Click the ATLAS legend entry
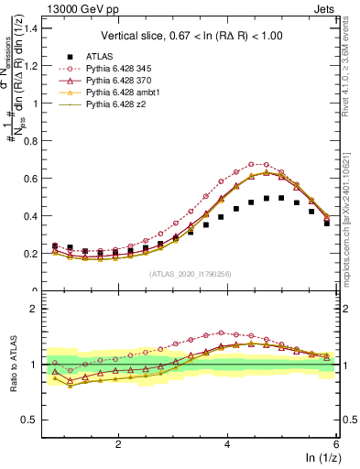click(x=98, y=56)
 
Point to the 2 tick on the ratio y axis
click(x=36, y=309)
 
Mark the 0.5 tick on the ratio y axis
click(x=31, y=420)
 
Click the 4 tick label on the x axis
click(x=228, y=443)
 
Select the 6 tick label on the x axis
click(x=337, y=443)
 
